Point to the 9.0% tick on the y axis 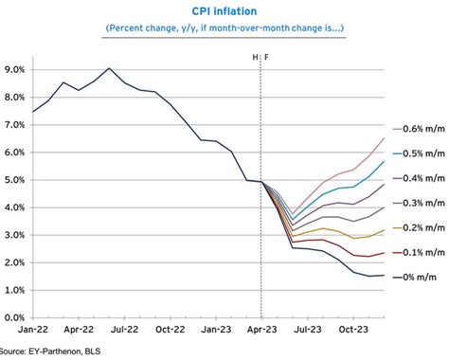point(15,69)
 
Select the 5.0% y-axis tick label point(15,180)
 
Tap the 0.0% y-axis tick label point(15,318)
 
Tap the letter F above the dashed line point(266,57)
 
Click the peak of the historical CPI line point(110,68)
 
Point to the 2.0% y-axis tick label point(15,262)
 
